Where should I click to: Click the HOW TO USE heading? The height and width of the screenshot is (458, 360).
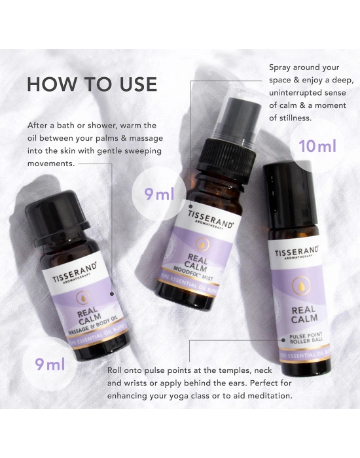click(92, 84)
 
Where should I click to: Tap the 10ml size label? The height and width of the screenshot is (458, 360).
click(317, 145)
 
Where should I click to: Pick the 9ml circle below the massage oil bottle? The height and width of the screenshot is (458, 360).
click(45, 364)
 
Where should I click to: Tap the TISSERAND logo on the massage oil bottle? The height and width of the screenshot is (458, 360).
click(74, 270)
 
